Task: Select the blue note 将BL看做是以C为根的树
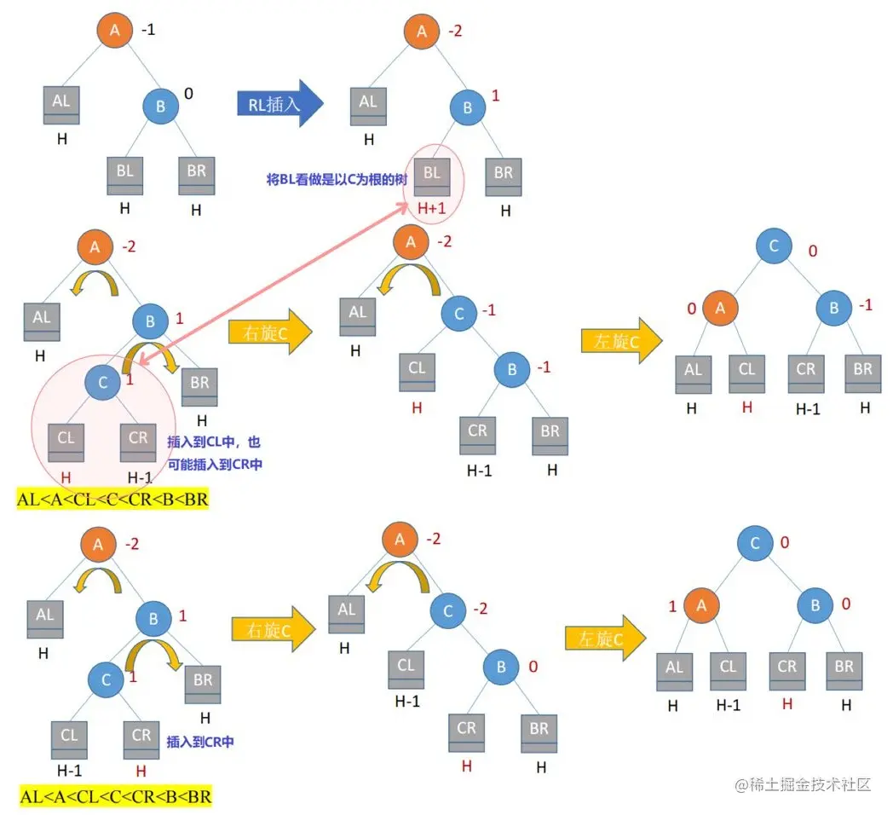pos(336,179)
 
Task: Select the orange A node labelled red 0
pos(721,309)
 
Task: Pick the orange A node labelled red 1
pos(701,606)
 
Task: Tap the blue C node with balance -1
pos(458,314)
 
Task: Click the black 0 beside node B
pos(188,93)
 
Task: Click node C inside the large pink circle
pos(103,383)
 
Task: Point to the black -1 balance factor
pos(148,30)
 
